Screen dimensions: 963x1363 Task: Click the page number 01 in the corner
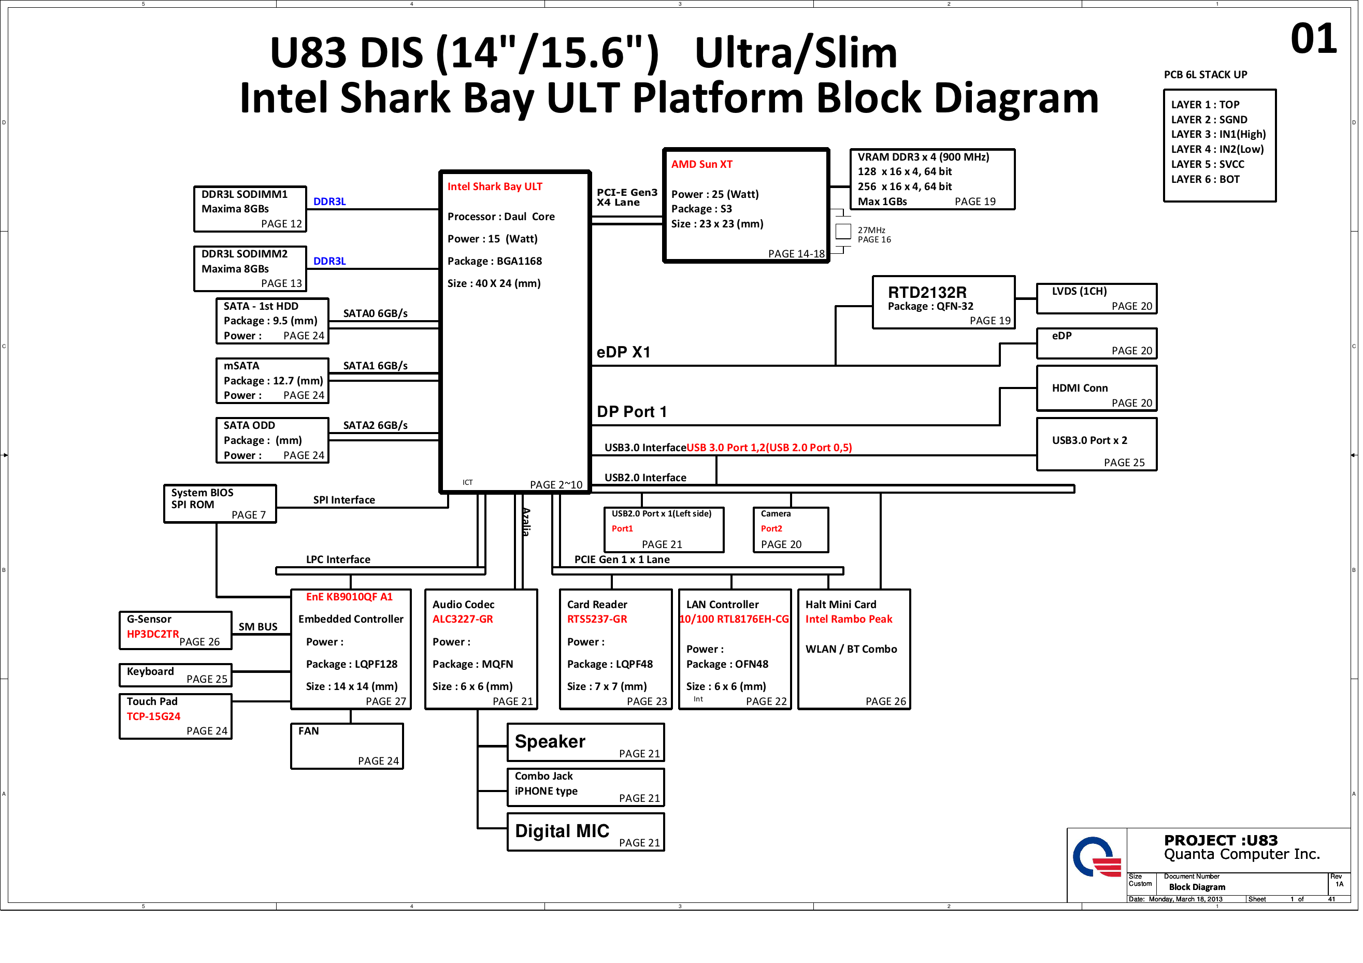pyautogui.click(x=1313, y=39)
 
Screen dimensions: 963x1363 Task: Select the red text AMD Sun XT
pyautogui.click(x=701, y=164)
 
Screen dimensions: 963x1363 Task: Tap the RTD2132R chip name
pyautogui.click(x=927, y=292)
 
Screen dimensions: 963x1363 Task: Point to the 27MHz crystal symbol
pyautogui.click(x=843, y=231)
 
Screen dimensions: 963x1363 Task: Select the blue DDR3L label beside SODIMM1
pyautogui.click(x=329, y=202)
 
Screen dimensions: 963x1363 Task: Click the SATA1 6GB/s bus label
pyautogui.click(x=375, y=366)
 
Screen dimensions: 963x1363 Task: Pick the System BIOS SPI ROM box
pyautogui.click(x=220, y=504)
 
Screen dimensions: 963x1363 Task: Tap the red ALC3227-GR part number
pyautogui.click(x=463, y=619)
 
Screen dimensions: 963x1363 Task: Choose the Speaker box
pyautogui.click(x=585, y=742)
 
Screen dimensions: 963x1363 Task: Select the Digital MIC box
pyautogui.click(x=585, y=831)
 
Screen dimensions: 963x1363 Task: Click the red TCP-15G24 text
pyautogui.click(x=153, y=716)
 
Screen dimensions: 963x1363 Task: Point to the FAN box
pyautogui.click(x=347, y=746)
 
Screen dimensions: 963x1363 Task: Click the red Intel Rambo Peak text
pyautogui.click(x=848, y=619)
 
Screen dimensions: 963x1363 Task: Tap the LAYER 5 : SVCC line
pyautogui.click(x=1207, y=164)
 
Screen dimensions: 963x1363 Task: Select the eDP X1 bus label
pyautogui.click(x=623, y=352)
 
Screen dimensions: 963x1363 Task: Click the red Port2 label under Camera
pyautogui.click(x=771, y=528)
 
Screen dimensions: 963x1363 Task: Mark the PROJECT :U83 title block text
pyautogui.click(x=1220, y=840)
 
